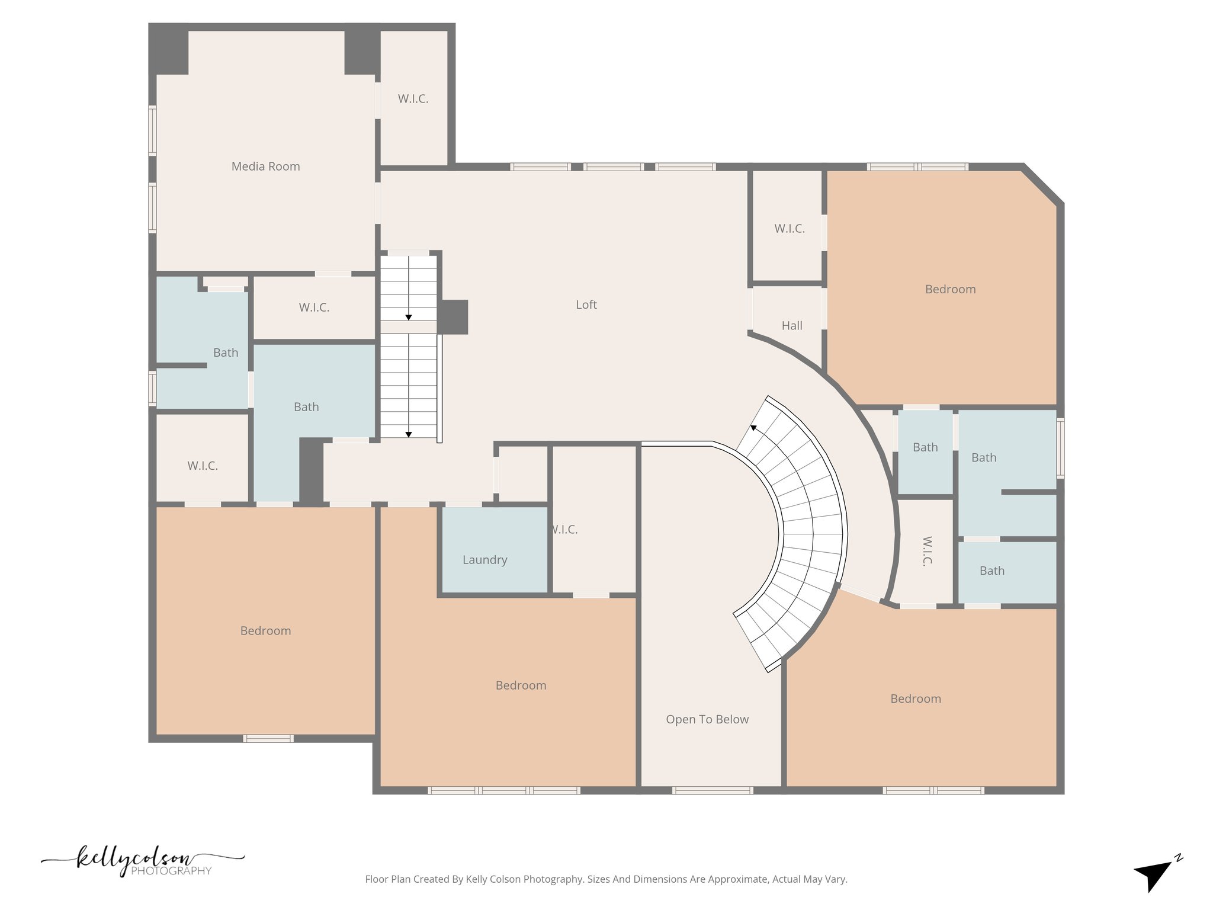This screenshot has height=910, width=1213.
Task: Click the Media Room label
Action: (x=265, y=166)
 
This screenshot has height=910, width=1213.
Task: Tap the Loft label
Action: (x=586, y=305)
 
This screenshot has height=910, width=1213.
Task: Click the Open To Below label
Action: (x=707, y=719)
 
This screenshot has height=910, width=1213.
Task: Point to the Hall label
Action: (x=791, y=325)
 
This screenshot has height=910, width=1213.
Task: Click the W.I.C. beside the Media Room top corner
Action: (x=413, y=99)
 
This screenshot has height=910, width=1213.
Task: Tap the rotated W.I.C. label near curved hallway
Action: (x=927, y=551)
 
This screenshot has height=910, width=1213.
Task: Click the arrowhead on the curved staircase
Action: (x=753, y=427)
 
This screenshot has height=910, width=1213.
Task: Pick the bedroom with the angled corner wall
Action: (x=949, y=289)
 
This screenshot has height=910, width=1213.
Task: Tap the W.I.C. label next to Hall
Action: (x=789, y=229)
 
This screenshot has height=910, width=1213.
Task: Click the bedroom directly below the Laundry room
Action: (x=521, y=685)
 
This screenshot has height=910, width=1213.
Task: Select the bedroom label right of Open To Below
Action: (x=915, y=699)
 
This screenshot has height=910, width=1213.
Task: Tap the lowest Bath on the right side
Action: (x=991, y=571)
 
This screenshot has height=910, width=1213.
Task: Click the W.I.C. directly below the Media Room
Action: (x=313, y=307)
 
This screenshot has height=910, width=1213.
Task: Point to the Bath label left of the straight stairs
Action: (x=306, y=407)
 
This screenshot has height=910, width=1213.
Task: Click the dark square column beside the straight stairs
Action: (x=454, y=316)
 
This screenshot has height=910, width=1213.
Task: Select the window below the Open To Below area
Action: (x=712, y=790)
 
